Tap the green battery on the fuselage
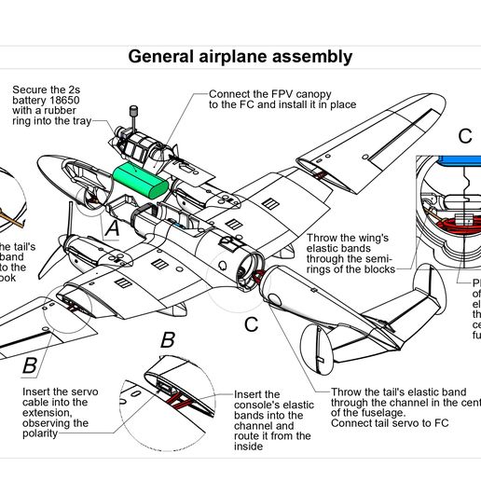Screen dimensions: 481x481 140,179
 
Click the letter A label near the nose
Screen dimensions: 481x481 112,227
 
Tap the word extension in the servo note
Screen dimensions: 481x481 53,413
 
